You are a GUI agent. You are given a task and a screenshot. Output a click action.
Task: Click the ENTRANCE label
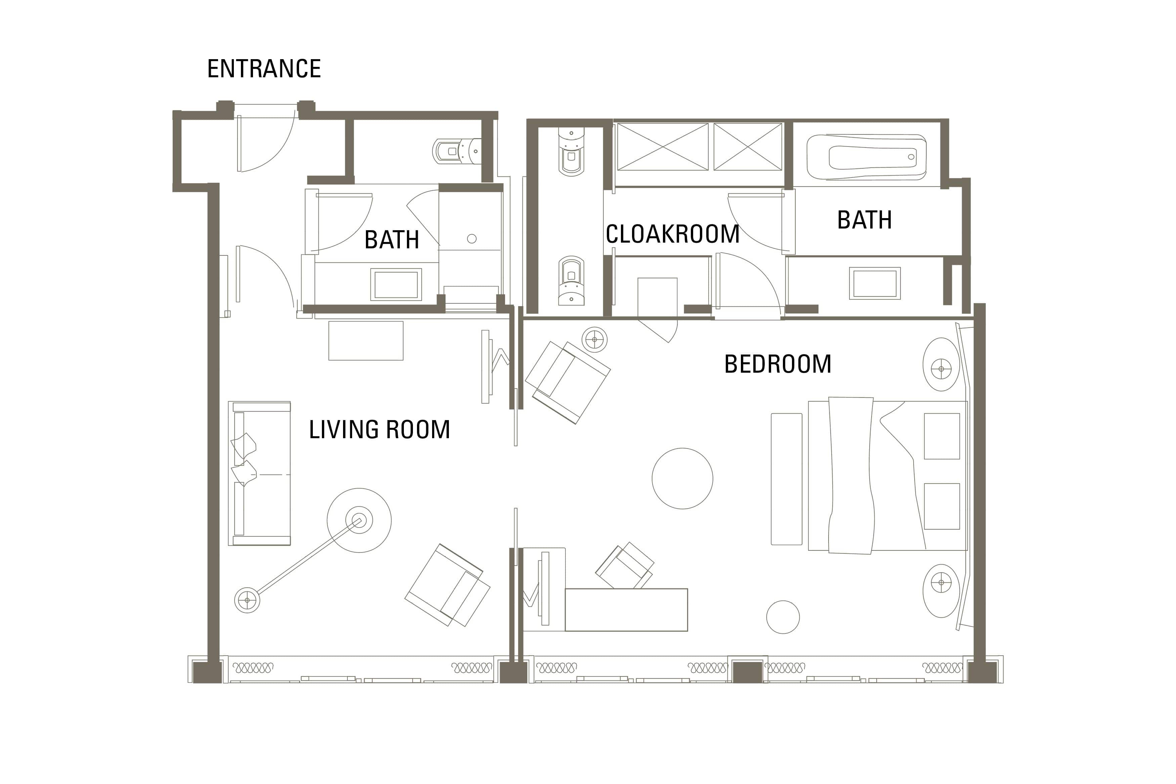[x=264, y=69]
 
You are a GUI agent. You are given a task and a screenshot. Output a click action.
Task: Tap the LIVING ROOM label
[x=379, y=429]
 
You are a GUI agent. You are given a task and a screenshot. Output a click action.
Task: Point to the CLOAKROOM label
[x=672, y=234]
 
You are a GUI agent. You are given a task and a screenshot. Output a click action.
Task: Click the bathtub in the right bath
[x=866, y=157]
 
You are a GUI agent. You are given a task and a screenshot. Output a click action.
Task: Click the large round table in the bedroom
[x=682, y=479]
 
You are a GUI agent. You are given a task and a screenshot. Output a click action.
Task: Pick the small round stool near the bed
[x=783, y=617]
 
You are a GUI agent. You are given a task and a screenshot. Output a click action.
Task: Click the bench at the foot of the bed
[x=786, y=479]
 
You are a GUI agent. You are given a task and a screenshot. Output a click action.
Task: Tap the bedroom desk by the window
[x=626, y=610]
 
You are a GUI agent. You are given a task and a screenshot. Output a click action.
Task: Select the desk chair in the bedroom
[x=625, y=566]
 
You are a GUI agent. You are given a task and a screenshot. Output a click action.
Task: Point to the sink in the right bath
[x=874, y=284]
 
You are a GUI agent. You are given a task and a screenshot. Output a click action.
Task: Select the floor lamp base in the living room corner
[x=247, y=600]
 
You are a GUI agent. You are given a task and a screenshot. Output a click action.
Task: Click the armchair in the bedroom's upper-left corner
[x=568, y=382]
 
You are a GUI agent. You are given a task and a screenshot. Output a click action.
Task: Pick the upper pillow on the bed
[x=941, y=436]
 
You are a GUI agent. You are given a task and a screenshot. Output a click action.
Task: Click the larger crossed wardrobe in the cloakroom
[x=663, y=147]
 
